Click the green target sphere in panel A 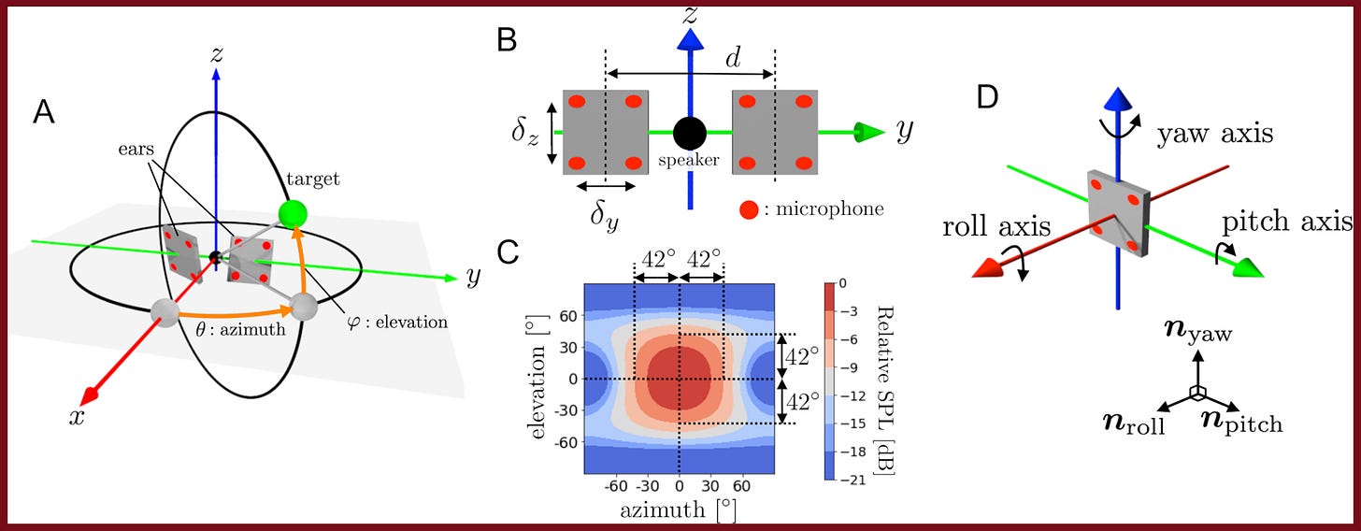[293, 213]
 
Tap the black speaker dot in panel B [689, 133]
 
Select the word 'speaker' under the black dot [690, 160]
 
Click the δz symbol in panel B [525, 133]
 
